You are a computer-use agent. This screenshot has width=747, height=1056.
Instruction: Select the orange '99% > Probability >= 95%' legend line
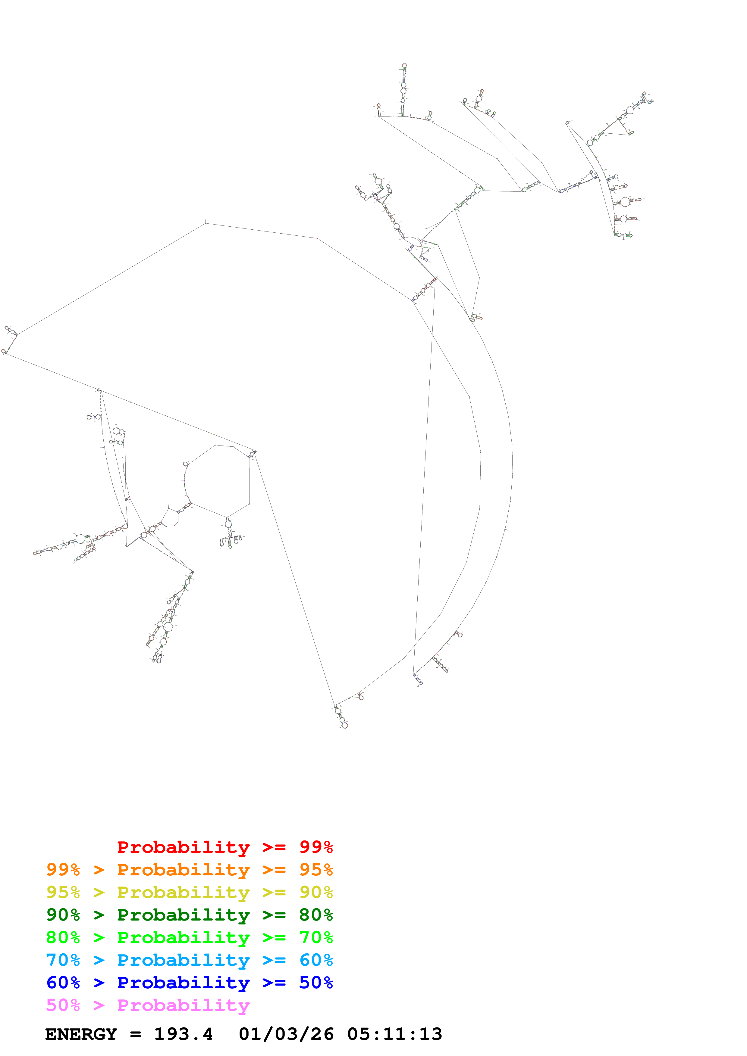(189, 870)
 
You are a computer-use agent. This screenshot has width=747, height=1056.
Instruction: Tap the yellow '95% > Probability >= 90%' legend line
(189, 892)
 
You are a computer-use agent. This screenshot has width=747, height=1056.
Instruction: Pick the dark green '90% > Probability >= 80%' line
(189, 915)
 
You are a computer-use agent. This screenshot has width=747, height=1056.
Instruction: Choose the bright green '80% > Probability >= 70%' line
(189, 937)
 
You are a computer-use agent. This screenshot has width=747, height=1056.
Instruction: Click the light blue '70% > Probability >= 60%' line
(189, 960)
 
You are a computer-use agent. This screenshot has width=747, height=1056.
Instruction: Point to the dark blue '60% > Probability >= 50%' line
(189, 983)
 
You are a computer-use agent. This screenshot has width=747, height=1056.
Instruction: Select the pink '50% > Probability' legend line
(148, 1005)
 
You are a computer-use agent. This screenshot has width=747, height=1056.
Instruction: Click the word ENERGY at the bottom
(81, 1034)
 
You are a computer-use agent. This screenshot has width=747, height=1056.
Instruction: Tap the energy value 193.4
(183, 1034)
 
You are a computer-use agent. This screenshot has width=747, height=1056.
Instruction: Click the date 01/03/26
(286, 1034)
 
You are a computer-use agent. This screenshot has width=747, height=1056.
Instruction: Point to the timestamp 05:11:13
(394, 1034)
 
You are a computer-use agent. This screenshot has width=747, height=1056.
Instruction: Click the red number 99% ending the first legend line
(316, 847)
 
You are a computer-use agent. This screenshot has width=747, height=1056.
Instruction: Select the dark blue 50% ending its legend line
(316, 983)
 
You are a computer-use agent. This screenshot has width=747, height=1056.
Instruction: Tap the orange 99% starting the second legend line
(63, 870)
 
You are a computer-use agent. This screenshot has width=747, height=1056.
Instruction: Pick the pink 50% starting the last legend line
(63, 1005)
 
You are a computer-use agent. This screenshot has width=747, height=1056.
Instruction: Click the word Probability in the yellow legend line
(183, 892)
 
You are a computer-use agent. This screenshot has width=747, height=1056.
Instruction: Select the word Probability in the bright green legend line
(183, 937)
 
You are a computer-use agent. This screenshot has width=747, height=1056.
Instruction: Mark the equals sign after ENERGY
(135, 1034)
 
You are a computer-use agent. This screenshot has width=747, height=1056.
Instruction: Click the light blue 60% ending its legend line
(316, 960)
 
